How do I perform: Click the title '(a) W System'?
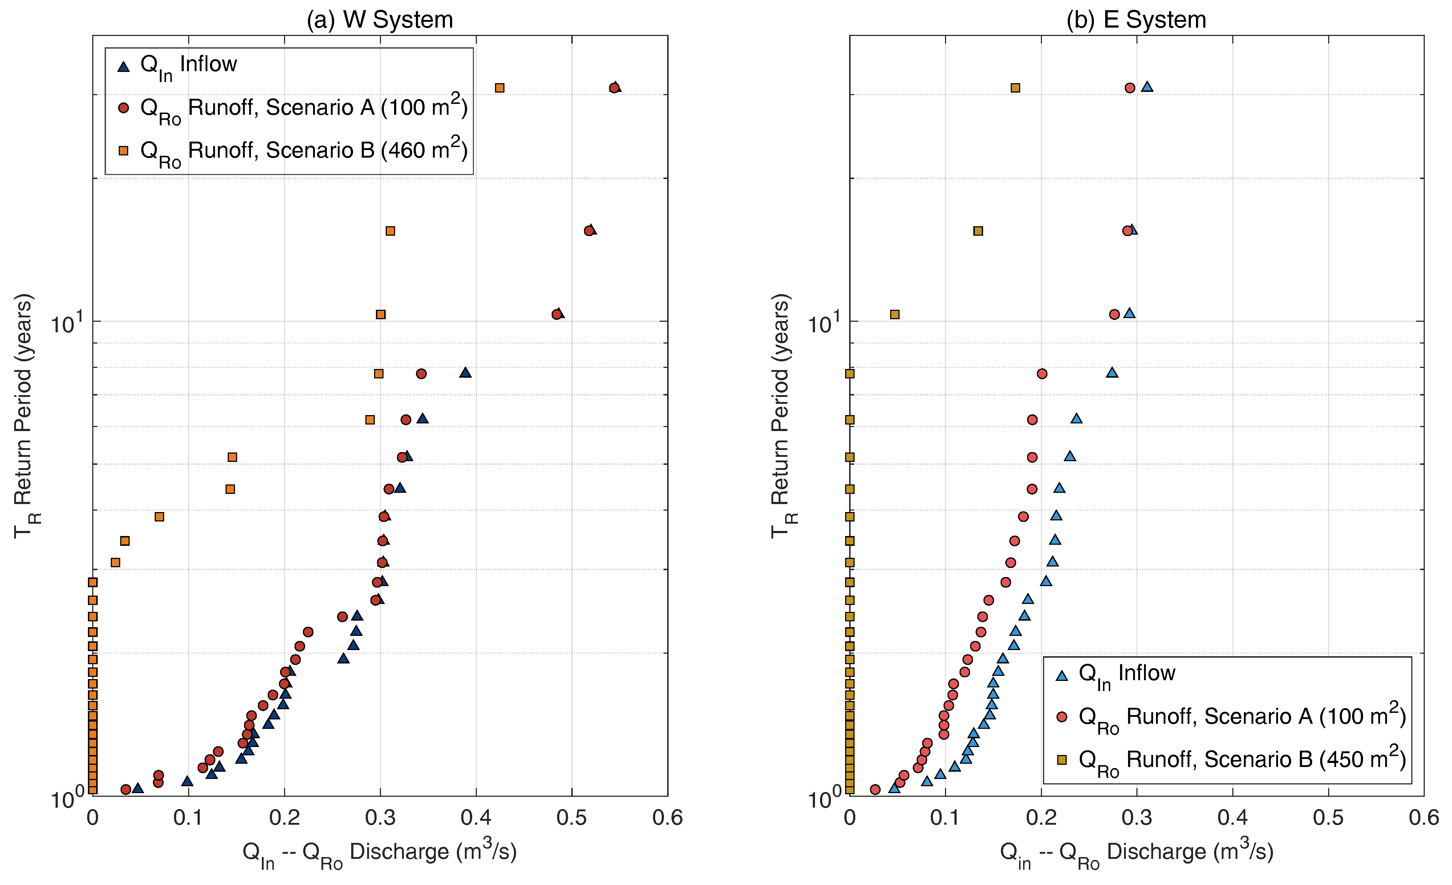(x=380, y=20)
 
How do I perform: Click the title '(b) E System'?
(x=1136, y=20)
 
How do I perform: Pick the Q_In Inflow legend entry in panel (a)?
(x=177, y=66)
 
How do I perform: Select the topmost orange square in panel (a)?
(x=500, y=88)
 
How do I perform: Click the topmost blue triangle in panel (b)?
(x=1147, y=87)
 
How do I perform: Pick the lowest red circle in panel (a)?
(x=126, y=789)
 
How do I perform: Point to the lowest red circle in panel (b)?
(x=875, y=789)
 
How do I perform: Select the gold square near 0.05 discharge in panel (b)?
(x=895, y=314)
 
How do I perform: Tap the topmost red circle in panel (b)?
(x=1129, y=88)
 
